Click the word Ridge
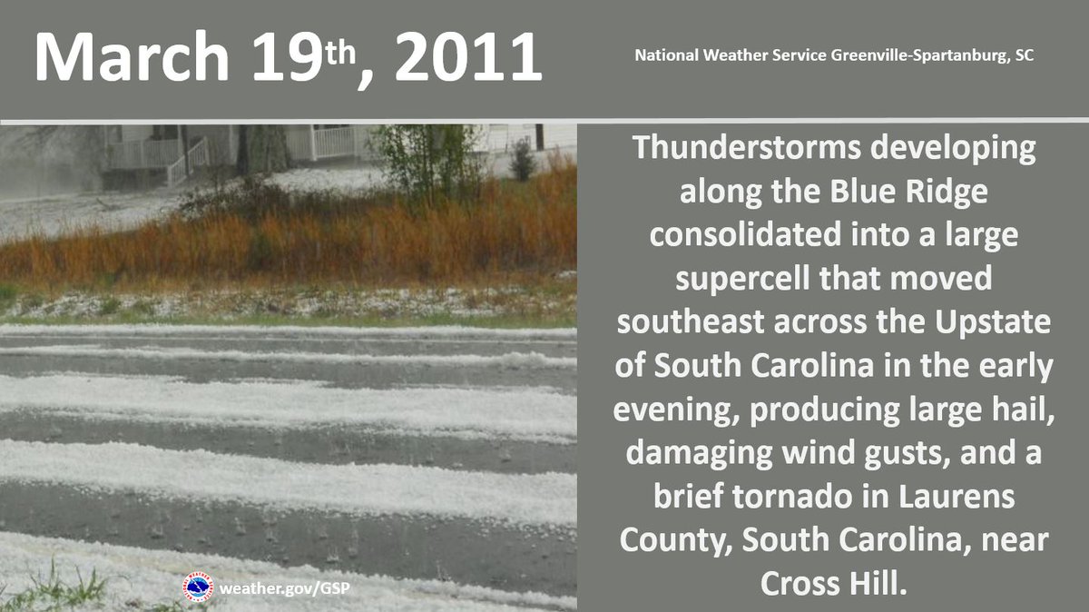point(936,192)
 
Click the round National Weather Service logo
point(198,586)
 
